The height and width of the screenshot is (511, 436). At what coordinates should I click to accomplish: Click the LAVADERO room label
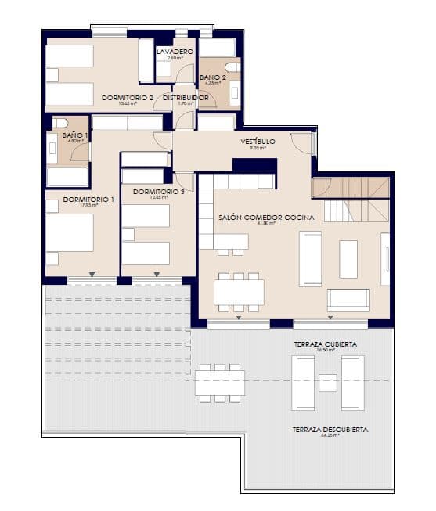click(175, 52)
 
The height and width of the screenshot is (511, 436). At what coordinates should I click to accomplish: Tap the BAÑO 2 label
click(213, 77)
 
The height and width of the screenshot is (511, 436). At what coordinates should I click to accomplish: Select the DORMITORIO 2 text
click(127, 98)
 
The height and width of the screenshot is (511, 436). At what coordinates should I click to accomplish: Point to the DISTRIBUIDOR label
click(186, 98)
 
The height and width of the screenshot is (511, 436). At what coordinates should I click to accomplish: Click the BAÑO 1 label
click(75, 135)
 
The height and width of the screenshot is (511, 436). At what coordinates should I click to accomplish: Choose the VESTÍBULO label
click(258, 142)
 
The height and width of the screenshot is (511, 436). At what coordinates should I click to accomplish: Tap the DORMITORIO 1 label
click(88, 200)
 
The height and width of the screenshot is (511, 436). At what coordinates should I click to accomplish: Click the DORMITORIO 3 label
click(159, 192)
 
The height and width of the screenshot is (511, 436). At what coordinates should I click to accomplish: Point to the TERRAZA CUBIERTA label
click(326, 344)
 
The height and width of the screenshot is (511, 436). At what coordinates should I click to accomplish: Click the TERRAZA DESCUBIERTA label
click(330, 430)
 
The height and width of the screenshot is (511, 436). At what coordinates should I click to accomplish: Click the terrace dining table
click(220, 383)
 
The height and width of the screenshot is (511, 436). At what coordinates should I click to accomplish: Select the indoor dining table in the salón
click(239, 292)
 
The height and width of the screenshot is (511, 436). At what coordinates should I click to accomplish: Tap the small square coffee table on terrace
click(328, 383)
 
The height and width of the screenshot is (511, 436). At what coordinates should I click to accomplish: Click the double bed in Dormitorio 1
click(70, 232)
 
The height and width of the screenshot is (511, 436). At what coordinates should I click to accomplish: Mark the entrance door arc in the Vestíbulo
click(301, 143)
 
